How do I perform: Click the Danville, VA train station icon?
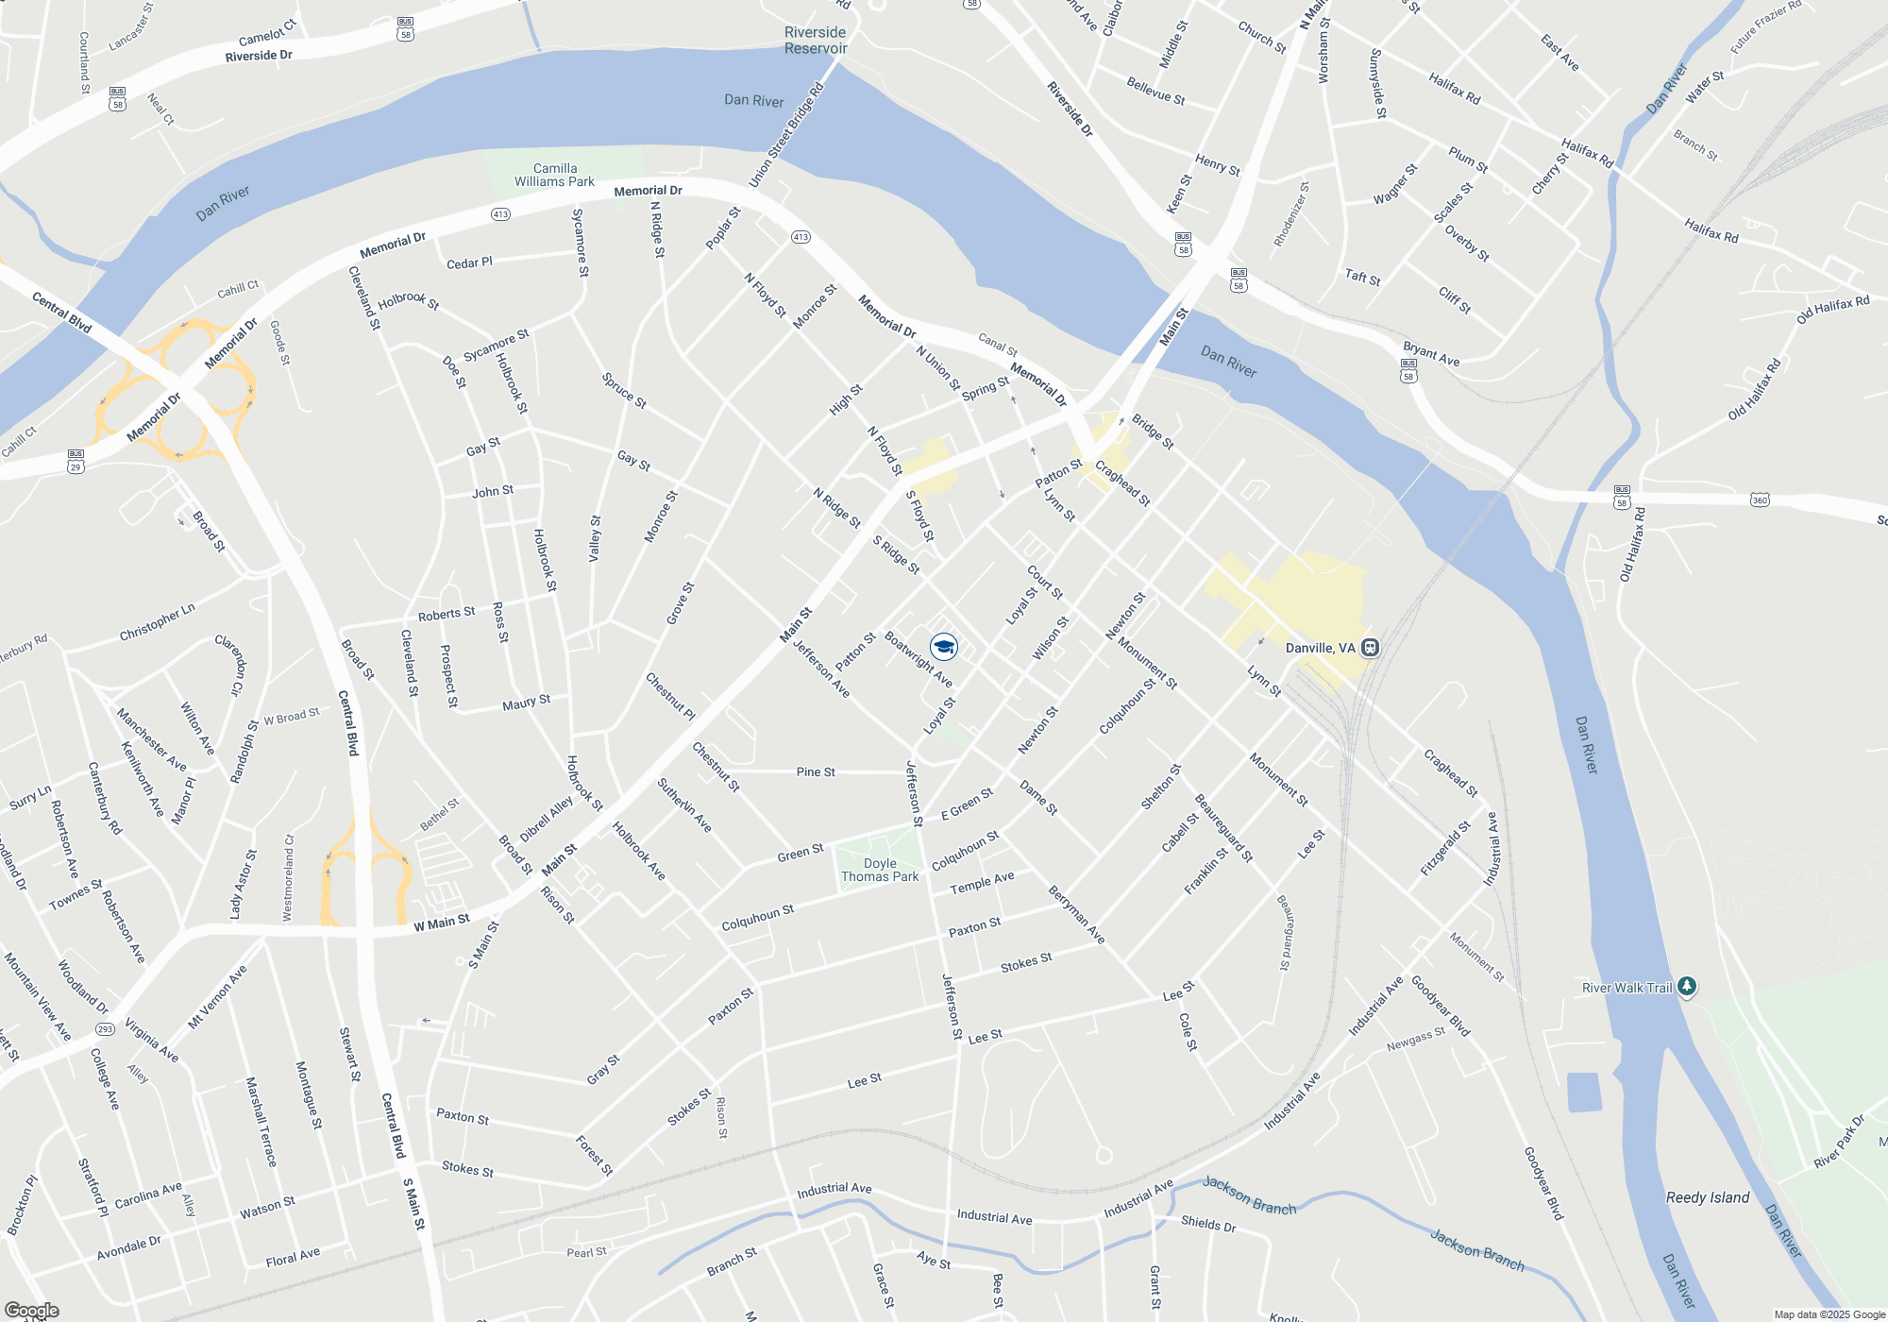pyautogui.click(x=1371, y=648)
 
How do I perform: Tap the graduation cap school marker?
pyautogui.click(x=943, y=647)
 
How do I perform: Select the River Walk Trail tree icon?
pyautogui.click(x=1687, y=987)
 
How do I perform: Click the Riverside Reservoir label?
pyautogui.click(x=816, y=41)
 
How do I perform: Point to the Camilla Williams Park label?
pyautogui.click(x=554, y=175)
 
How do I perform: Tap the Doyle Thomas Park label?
pyautogui.click(x=880, y=870)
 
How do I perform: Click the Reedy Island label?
pyautogui.click(x=1707, y=1197)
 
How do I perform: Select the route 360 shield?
pyautogui.click(x=1760, y=500)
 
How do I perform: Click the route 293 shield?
pyautogui.click(x=105, y=1029)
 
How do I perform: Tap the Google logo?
pyautogui.click(x=31, y=1310)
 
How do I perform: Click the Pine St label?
pyautogui.click(x=816, y=771)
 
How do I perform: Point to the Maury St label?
pyautogui.click(x=526, y=703)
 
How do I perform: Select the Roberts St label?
pyautogui.click(x=446, y=614)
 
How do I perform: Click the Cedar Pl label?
pyautogui.click(x=469, y=263)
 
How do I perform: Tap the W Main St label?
pyautogui.click(x=441, y=923)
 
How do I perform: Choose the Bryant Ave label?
pyautogui.click(x=1431, y=354)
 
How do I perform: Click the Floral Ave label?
pyautogui.click(x=293, y=1257)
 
